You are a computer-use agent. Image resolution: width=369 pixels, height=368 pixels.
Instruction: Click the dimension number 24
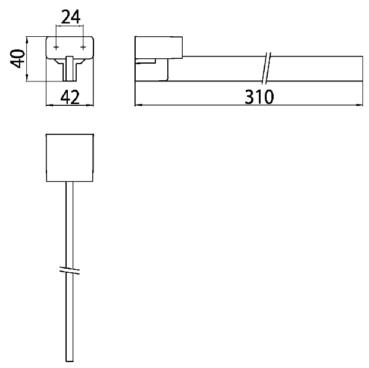click(x=70, y=17)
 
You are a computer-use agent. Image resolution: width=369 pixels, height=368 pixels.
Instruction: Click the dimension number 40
click(x=17, y=58)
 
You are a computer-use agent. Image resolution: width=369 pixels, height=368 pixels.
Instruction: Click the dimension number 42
click(x=70, y=97)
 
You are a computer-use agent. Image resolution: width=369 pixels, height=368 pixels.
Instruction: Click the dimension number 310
click(x=259, y=97)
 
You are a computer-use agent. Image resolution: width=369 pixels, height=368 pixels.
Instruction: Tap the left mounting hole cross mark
click(x=56, y=48)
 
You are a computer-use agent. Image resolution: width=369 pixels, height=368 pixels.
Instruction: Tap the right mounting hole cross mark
click(x=83, y=48)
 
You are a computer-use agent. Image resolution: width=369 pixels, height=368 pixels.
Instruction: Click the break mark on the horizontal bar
click(x=267, y=68)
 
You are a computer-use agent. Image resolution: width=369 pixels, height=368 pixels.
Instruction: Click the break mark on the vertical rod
click(x=70, y=271)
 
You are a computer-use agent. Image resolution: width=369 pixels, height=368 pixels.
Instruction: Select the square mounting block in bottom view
click(x=70, y=158)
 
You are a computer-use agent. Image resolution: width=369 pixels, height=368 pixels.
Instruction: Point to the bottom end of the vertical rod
click(x=70, y=361)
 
